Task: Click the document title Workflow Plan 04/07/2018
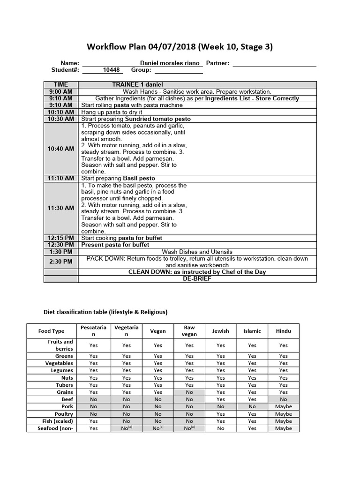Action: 180,47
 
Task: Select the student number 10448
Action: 112,70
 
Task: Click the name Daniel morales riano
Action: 170,63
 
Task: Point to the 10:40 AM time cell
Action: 61,149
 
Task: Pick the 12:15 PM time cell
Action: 61,238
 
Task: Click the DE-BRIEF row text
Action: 197,278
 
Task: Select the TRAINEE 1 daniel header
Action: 138,84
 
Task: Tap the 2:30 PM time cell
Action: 61,262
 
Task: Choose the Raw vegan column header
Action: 189,330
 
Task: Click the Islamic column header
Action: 252,331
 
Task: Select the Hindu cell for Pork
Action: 284,406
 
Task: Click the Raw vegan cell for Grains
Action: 189,392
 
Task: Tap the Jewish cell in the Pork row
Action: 221,406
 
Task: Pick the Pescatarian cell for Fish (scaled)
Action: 94,421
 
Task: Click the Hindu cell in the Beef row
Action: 284,399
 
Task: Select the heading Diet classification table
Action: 105,312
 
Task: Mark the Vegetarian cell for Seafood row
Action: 127,428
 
